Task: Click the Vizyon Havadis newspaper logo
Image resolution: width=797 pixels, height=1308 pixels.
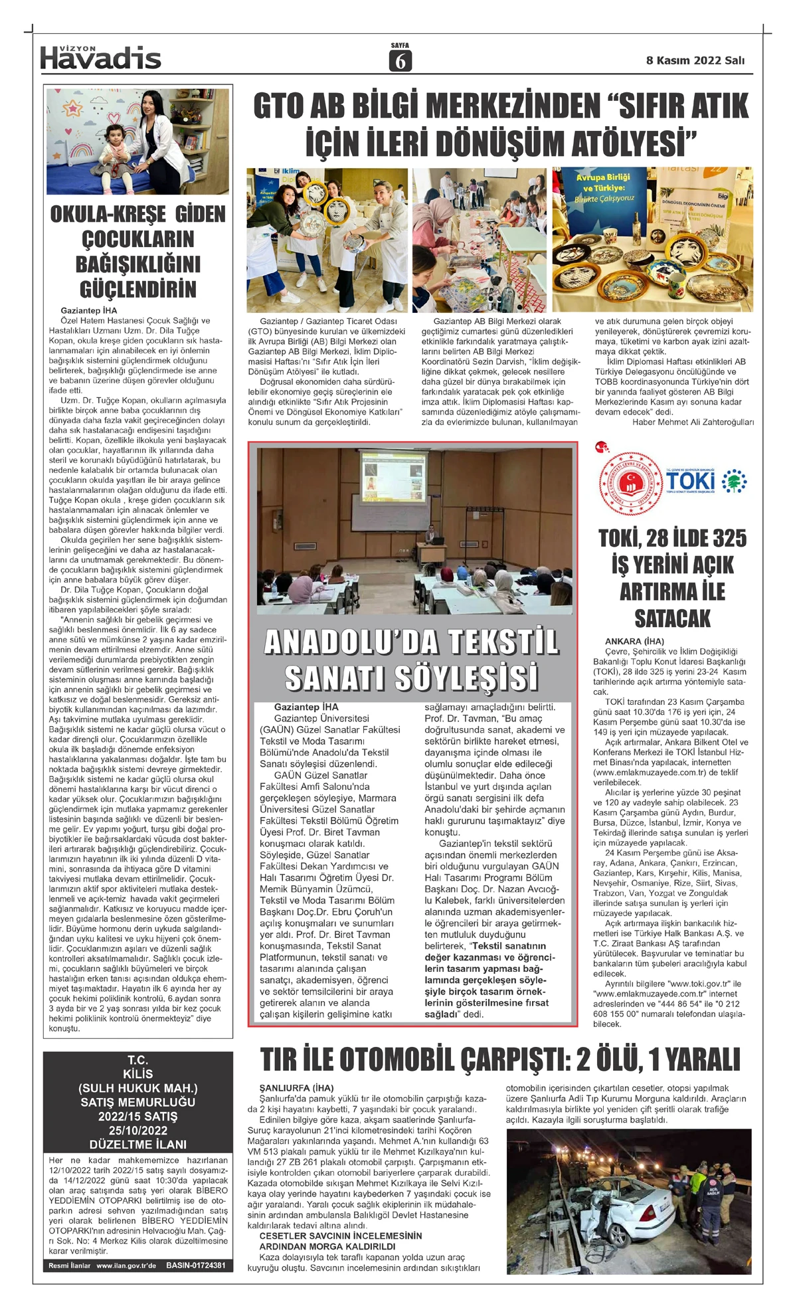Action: click(100, 58)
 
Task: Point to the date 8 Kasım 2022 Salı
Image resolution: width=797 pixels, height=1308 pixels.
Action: click(695, 60)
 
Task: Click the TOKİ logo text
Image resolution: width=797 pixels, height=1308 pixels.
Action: click(691, 480)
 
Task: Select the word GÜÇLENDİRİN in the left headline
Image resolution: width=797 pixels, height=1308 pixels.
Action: click(138, 290)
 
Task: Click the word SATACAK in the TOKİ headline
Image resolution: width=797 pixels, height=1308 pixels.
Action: click(672, 618)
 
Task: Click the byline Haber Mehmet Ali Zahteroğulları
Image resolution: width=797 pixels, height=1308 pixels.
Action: click(693, 422)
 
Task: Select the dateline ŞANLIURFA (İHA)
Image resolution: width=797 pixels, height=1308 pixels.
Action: click(296, 1088)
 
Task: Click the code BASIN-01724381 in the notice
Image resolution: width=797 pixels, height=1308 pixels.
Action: click(196, 1265)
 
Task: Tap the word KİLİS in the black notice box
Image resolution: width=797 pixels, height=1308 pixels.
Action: click(138, 1074)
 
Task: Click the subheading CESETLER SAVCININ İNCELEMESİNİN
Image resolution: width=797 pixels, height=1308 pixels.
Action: click(341, 1236)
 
